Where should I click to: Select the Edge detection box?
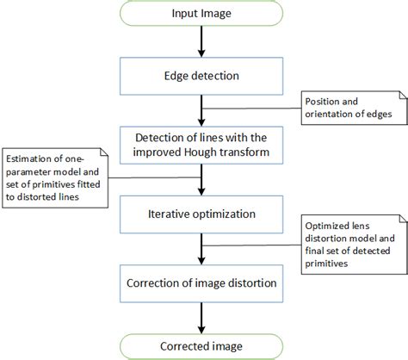(x=201, y=77)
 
